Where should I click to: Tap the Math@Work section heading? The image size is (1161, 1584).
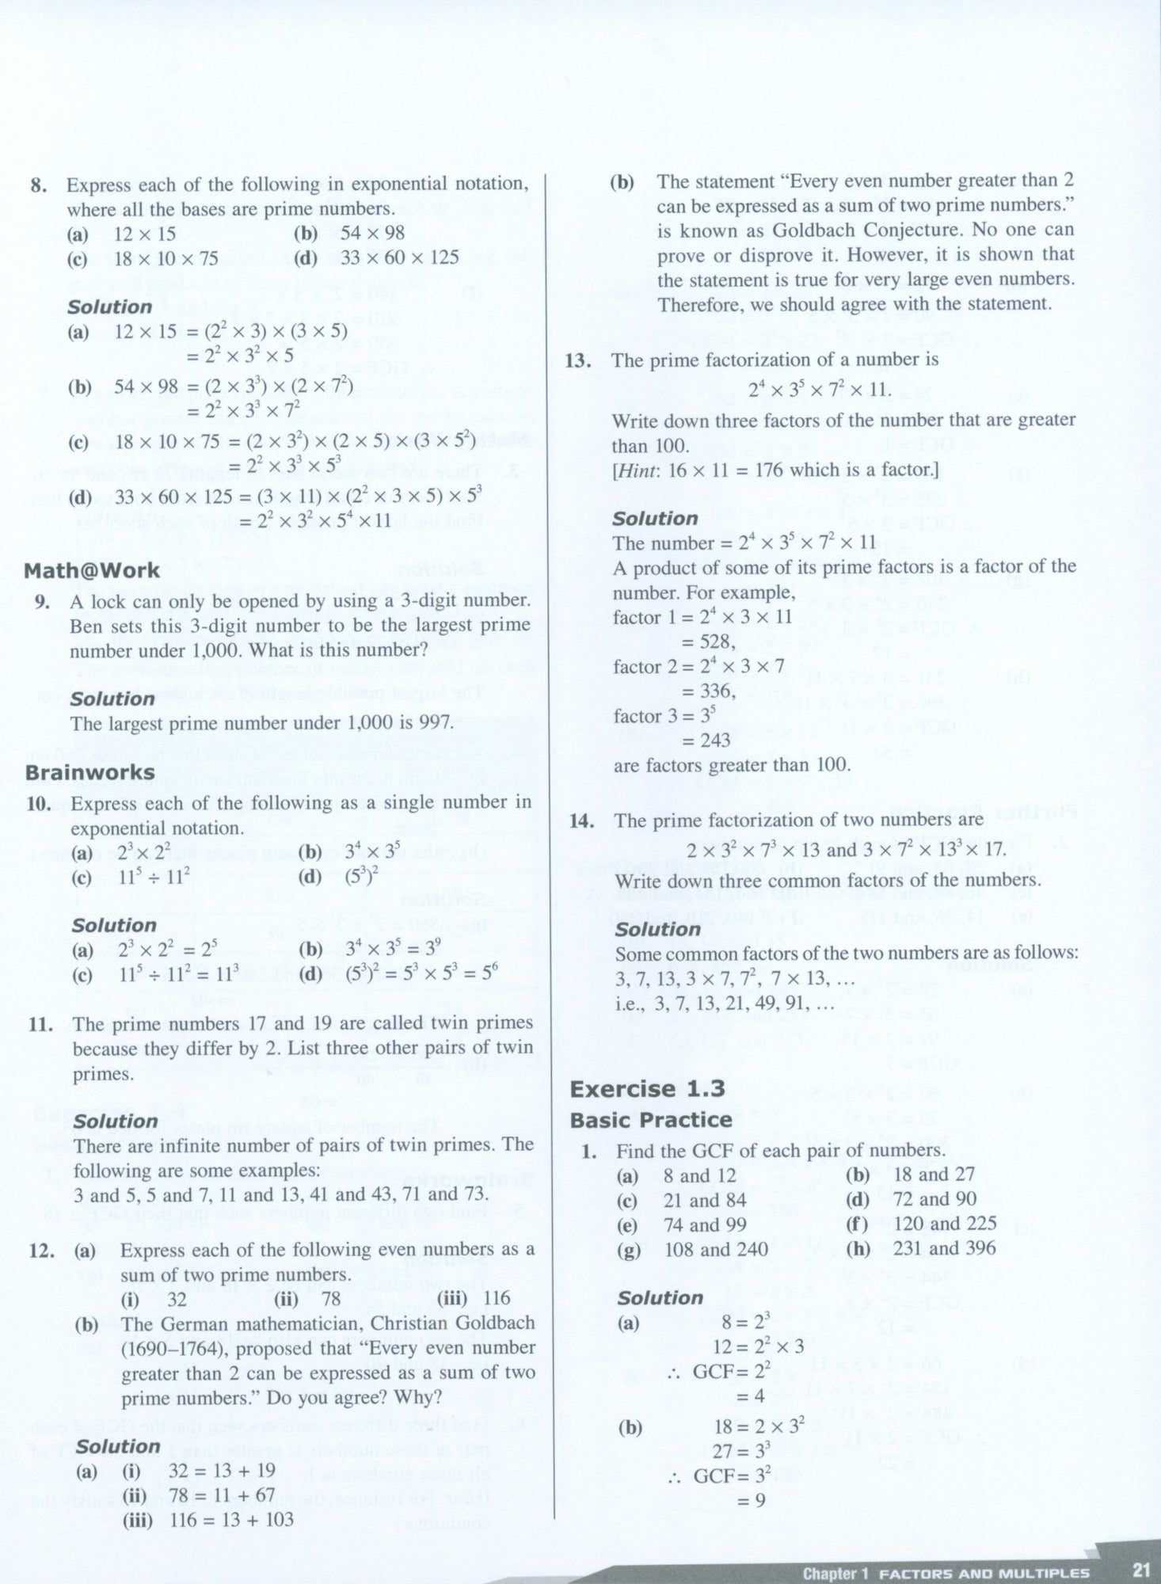point(92,571)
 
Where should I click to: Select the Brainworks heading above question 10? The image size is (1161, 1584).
point(90,772)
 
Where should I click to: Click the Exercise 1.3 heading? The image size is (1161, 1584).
point(647,1089)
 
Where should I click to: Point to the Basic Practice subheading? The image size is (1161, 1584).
point(651,1120)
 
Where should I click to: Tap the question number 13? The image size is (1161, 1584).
point(579,361)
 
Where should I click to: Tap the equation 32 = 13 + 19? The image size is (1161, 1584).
point(223,1471)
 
